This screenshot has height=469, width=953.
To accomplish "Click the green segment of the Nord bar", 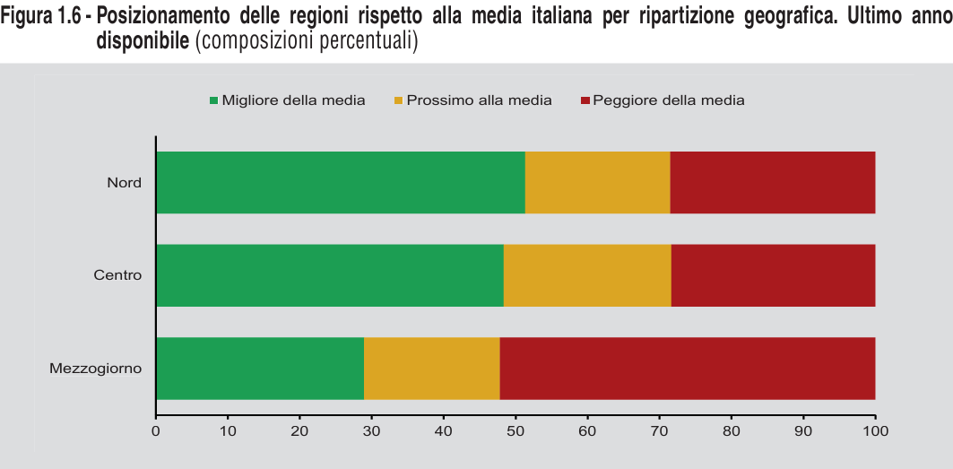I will click(x=341, y=183).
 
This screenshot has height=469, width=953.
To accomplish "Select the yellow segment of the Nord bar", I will click(x=597, y=183).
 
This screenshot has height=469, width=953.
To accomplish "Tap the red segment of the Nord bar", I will click(x=772, y=183).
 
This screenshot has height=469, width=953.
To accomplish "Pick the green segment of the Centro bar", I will click(x=330, y=275).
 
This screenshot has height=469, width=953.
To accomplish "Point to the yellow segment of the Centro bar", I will click(x=587, y=275).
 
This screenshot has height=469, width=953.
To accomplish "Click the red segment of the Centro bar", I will click(x=773, y=275).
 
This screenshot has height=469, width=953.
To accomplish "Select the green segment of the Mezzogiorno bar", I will click(x=260, y=369).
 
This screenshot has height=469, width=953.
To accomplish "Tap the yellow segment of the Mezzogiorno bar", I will click(x=432, y=369).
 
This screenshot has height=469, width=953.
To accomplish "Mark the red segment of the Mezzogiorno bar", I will click(x=687, y=369).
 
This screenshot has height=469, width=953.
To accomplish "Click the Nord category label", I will click(x=124, y=183).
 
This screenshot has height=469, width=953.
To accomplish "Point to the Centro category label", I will click(x=117, y=275).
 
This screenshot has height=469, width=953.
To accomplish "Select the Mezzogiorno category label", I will click(x=96, y=369).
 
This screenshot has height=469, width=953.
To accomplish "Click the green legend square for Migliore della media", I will click(x=213, y=100).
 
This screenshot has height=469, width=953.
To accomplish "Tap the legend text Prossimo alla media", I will click(x=479, y=100).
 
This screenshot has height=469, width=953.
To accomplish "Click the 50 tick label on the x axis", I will click(x=515, y=431).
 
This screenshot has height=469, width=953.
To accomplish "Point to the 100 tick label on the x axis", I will click(x=875, y=431).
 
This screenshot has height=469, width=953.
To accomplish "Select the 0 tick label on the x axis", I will click(x=156, y=431).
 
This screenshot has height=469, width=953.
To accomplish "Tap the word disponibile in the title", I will click(x=143, y=41).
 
